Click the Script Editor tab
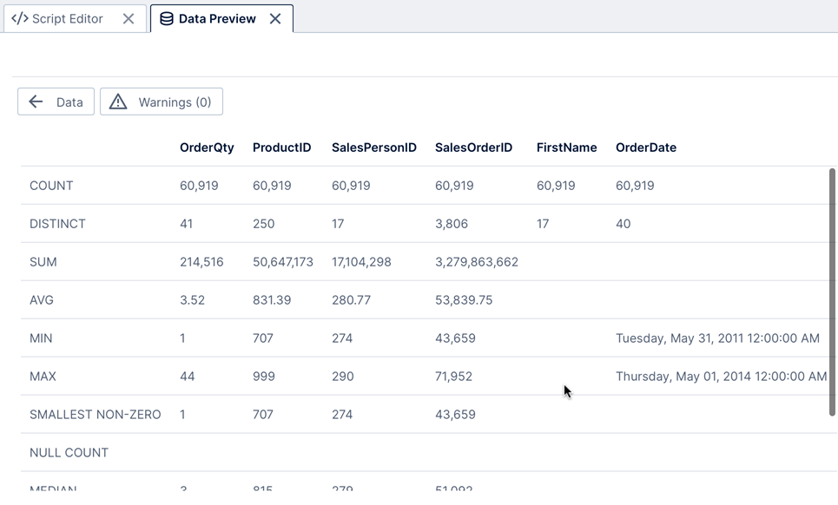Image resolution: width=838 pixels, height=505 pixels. (57, 18)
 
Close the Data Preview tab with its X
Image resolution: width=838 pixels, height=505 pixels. (275, 18)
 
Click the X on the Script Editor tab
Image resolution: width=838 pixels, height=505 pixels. (129, 18)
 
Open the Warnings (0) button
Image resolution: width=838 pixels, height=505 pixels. (162, 102)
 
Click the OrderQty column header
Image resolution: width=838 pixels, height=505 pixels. (207, 148)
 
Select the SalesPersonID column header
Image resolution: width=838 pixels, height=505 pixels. (374, 148)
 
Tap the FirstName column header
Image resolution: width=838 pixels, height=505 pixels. (566, 148)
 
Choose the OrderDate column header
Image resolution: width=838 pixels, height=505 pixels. (645, 148)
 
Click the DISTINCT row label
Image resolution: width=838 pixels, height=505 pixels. (57, 224)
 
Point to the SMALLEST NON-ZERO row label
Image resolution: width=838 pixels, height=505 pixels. (95, 415)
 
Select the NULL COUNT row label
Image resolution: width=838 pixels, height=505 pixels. (69, 453)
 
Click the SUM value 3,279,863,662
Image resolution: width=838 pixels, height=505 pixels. (476, 262)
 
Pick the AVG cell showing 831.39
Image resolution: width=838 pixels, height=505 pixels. (272, 300)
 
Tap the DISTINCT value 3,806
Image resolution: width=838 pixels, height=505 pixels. (452, 224)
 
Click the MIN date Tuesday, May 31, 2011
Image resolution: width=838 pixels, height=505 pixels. (717, 338)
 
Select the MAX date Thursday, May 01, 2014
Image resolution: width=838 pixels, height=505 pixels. (721, 377)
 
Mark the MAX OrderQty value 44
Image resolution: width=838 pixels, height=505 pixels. (187, 377)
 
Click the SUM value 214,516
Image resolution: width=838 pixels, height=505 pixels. (201, 262)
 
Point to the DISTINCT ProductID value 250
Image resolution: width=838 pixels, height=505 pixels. (263, 224)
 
